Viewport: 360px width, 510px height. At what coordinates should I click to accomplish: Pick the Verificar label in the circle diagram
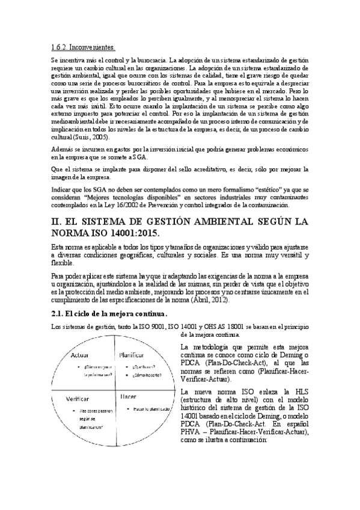78,399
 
